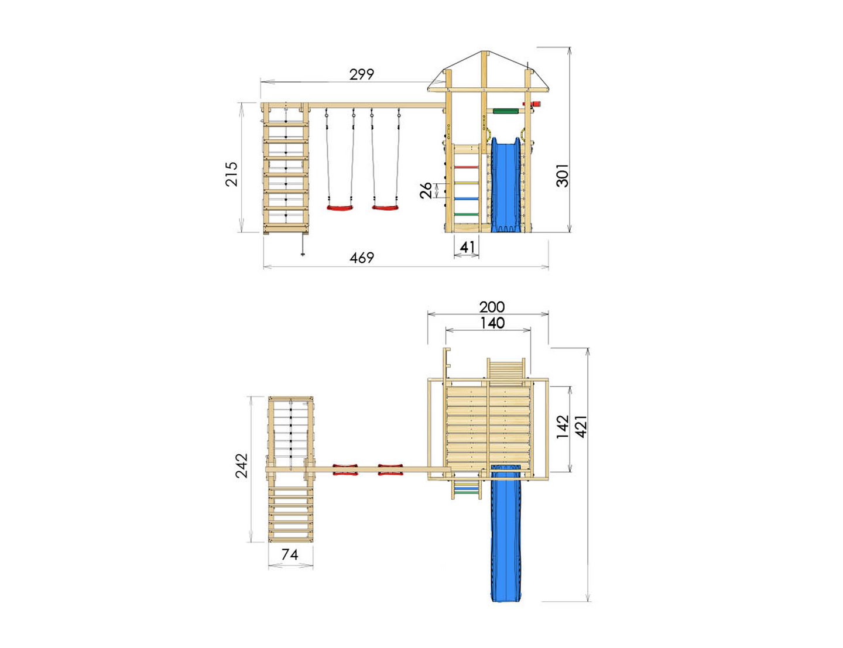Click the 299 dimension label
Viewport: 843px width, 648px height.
click(x=362, y=74)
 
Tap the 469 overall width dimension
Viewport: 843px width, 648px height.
click(x=362, y=258)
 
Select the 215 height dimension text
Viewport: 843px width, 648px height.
click(x=231, y=174)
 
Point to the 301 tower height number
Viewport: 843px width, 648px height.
click(x=562, y=175)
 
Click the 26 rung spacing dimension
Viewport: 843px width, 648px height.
click(x=426, y=190)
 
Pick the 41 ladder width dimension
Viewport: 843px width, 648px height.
click(x=467, y=246)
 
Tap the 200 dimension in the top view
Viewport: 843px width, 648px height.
click(x=492, y=307)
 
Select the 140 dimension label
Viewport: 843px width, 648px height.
click(x=492, y=323)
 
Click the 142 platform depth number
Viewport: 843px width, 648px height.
click(x=563, y=427)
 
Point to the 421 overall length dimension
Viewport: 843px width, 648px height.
click(x=581, y=427)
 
